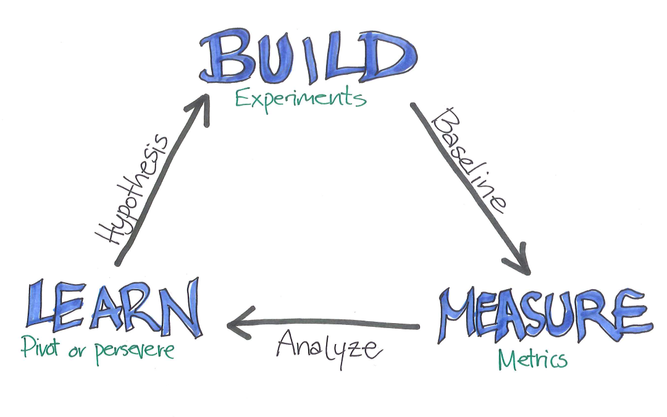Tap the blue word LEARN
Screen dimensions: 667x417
click(114, 307)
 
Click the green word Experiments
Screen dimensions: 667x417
click(300, 99)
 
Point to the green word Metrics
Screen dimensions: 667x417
click(532, 360)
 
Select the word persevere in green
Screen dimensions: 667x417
click(134, 351)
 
